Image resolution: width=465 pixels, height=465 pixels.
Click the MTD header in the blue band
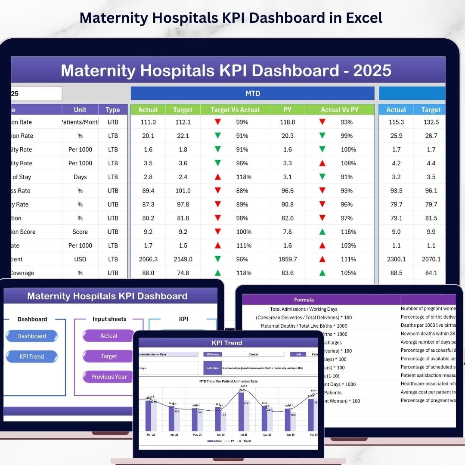[253, 93]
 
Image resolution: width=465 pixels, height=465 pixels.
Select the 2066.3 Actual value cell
[148, 259]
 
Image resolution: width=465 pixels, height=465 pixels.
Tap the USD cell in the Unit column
[80, 259]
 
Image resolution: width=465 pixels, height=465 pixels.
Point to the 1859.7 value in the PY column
[287, 259]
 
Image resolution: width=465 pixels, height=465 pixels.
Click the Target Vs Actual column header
[235, 110]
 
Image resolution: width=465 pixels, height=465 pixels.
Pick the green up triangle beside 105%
[322, 273]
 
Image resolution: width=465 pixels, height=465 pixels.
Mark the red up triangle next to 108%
[322, 163]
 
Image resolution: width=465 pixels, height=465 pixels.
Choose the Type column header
[113, 110]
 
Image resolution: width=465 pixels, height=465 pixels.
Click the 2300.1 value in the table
[396, 259]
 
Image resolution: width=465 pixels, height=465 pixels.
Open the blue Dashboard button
[32, 336]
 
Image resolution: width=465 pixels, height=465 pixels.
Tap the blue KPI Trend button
[32, 356]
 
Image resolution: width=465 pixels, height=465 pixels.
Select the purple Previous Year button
[108, 377]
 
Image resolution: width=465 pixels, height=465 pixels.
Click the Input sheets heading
[109, 319]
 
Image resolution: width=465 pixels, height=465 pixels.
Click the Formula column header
[304, 300]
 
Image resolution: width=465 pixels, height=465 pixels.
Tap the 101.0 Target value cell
[183, 191]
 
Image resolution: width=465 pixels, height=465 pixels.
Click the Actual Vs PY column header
[340, 110]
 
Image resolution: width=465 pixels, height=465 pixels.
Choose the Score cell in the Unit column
[80, 232]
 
